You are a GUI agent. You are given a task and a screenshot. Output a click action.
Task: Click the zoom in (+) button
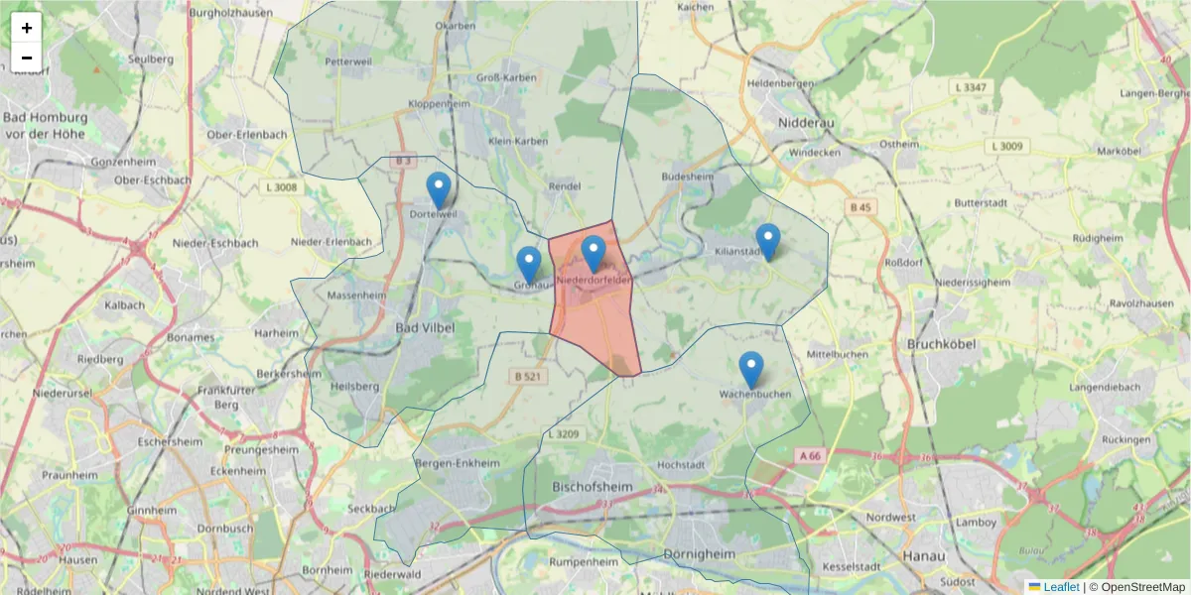coord(27,28)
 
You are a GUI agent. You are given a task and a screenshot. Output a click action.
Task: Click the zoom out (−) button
coord(27,58)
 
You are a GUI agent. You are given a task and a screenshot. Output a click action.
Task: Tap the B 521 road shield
coord(528,377)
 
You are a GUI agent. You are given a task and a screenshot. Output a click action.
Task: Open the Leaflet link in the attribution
coord(1061,587)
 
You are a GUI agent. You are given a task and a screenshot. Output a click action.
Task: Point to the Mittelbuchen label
coord(838,354)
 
